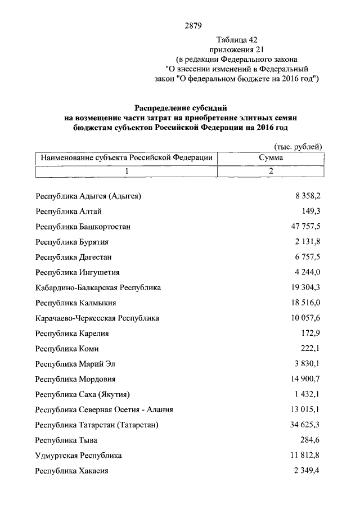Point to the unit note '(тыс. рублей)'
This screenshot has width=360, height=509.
(298, 147)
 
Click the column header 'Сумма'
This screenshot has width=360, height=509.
(271, 158)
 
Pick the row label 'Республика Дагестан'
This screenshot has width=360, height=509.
(74, 257)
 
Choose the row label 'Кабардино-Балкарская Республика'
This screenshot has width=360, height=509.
(98, 287)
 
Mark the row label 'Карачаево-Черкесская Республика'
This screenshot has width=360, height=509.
(97, 318)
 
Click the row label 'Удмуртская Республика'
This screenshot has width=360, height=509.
(78, 455)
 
